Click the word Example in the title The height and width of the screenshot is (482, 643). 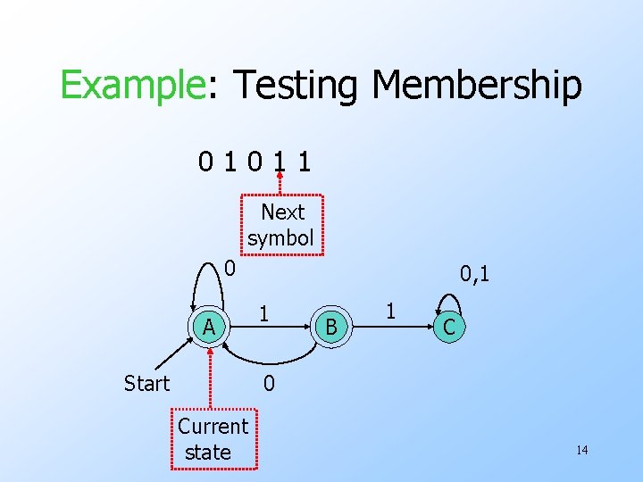132,87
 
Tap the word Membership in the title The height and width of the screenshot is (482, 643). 476,87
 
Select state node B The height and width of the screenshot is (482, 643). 331,328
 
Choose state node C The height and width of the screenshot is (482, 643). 449,328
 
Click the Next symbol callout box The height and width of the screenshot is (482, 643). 282,225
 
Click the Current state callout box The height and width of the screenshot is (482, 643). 213,439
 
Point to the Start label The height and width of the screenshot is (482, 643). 146,384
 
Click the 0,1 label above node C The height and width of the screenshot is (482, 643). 474,273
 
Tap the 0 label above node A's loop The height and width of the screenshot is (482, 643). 230,267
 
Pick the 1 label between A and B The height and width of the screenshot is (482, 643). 263,313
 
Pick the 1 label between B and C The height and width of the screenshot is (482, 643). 389,312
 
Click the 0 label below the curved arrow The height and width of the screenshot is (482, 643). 268,384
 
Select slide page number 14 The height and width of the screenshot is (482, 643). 581,450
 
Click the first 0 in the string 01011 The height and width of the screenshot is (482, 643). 206,162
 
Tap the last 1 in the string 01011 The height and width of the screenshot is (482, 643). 306,162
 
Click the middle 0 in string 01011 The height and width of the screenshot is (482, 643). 256,162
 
